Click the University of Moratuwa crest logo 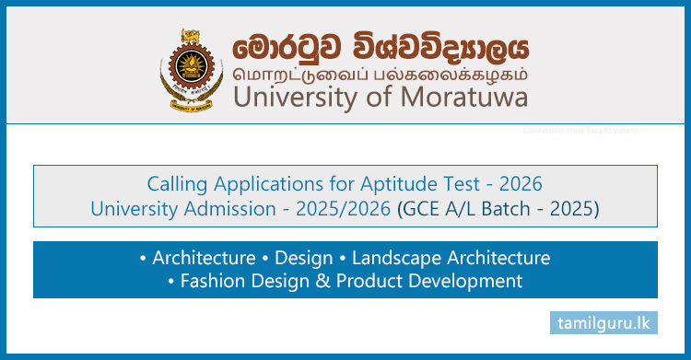pos(192,69)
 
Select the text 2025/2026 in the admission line pos(349,209)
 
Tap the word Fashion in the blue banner pos(208,281)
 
